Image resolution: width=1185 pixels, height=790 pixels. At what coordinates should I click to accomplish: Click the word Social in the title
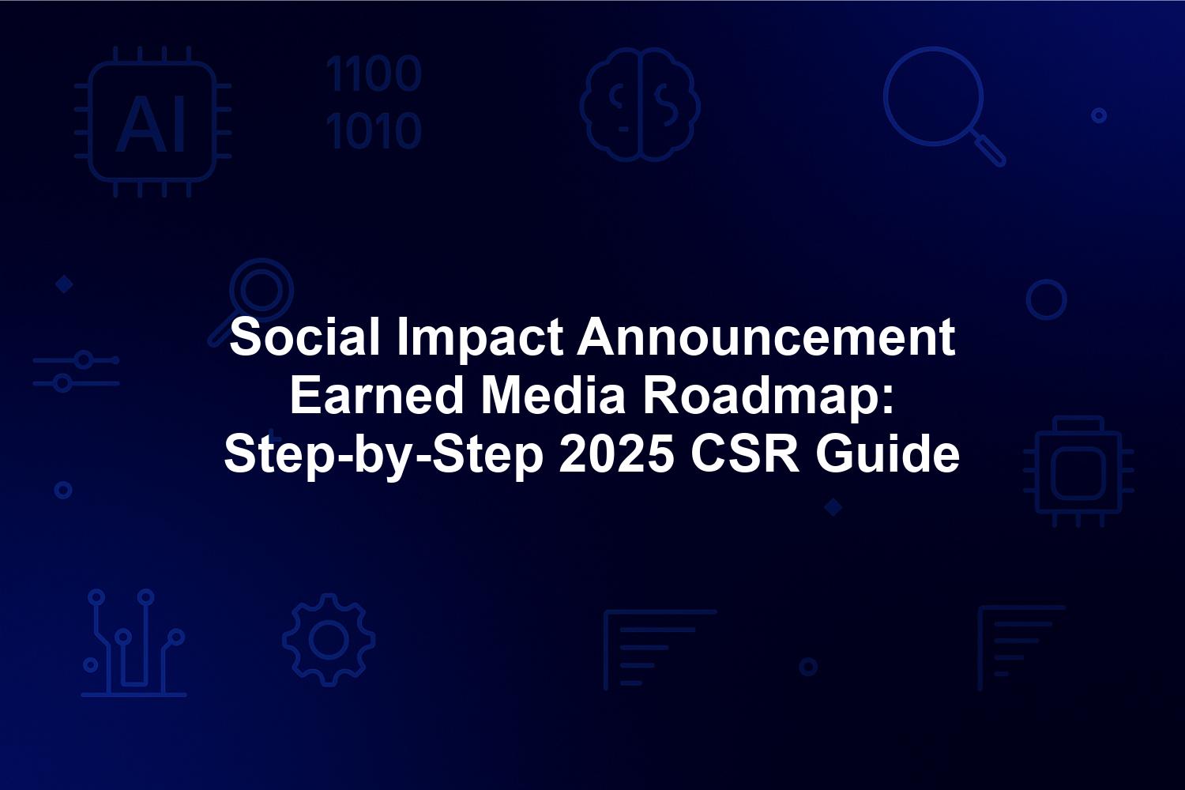[305, 337]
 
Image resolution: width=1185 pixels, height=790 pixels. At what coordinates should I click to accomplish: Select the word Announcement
[766, 337]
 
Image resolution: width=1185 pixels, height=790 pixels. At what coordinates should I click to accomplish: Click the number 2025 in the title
[617, 454]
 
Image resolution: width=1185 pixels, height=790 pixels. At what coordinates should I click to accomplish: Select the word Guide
[887, 454]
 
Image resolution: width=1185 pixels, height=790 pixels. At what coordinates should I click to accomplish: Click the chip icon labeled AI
[152, 122]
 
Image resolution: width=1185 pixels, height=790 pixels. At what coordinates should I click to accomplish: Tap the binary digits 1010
[374, 130]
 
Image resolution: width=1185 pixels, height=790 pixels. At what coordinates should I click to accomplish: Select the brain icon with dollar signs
[640, 104]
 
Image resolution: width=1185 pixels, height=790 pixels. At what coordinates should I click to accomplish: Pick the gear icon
[329, 640]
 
